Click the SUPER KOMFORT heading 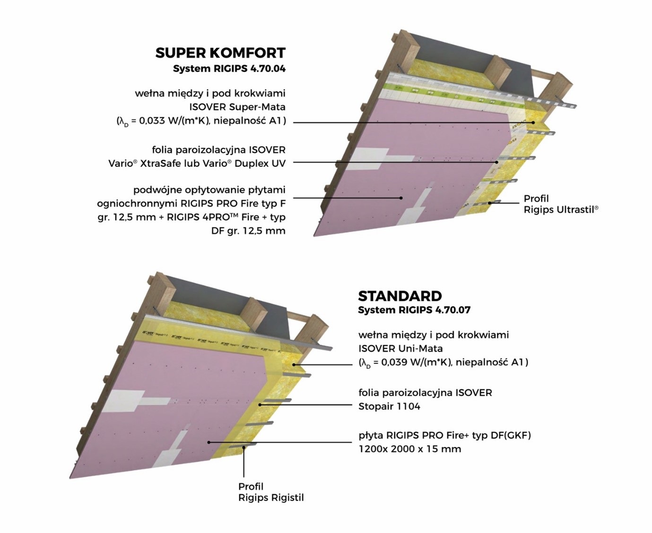pos(220,53)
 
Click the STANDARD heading pos(400,296)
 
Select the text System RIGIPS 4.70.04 pos(229,68)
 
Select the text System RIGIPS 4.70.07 pos(414,310)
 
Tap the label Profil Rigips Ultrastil pos(561,204)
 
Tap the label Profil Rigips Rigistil pos(271,492)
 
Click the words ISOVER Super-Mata pos(237,107)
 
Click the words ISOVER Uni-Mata pos(400,349)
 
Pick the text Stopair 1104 pos(389,406)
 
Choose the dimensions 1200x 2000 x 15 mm pos(409,449)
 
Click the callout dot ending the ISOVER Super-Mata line pos(533,122)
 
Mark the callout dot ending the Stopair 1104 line pos(261,405)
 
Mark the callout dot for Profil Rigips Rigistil pos(243,447)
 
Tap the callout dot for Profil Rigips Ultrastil pos(490,203)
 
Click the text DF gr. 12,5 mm pos(248,231)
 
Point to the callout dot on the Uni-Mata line pos(294,365)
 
